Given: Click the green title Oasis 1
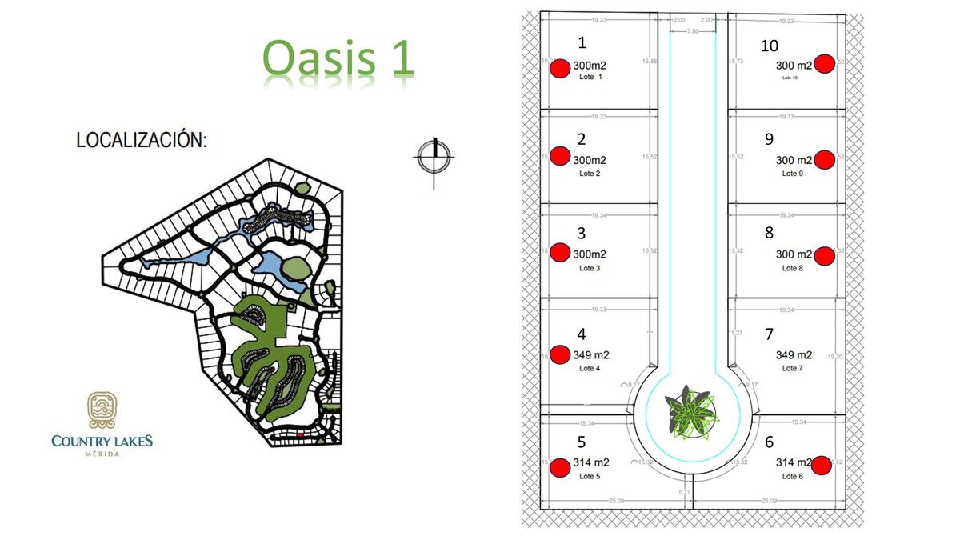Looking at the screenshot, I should coord(339,58).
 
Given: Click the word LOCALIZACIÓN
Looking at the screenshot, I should coord(142,140).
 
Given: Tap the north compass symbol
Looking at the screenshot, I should coord(434,158).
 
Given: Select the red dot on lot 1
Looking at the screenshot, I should coord(560,69).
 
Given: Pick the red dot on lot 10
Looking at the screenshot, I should coord(825,64).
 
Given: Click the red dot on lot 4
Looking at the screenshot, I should coord(561,356).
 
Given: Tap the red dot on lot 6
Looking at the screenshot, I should coord(821,465).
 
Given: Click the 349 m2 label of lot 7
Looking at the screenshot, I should coord(794,355).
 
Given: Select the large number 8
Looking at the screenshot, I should coord(769,234).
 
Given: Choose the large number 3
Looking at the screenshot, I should coord(582,234).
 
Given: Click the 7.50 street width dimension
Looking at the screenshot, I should coord(693,30).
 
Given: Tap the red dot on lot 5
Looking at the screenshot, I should coord(561,466).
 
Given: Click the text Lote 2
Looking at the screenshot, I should coord(590,174).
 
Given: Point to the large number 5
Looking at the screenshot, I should coord(582,442).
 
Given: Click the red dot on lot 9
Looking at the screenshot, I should coord(825,160).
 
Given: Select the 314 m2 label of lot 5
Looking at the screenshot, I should coord(591,462).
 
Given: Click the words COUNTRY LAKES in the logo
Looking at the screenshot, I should coord(102,441).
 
